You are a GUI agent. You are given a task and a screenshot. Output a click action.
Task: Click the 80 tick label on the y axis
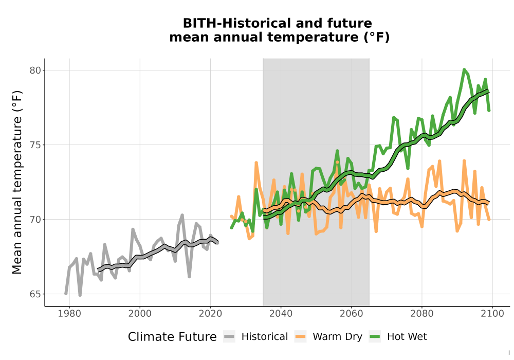35,70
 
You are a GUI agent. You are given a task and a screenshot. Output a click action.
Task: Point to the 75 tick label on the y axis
35,145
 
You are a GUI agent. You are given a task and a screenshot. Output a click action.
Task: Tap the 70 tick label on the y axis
35,220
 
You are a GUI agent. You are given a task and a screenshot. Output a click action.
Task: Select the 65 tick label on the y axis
35,294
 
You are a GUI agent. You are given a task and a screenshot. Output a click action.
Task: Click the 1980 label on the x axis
69,314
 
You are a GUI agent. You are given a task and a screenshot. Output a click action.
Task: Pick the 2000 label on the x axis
140,314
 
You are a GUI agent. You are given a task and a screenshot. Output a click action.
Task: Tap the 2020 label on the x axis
210,314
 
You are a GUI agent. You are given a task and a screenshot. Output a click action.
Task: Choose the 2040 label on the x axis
281,314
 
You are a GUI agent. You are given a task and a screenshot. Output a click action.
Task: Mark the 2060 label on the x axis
352,314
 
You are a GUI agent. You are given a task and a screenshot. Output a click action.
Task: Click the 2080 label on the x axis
422,314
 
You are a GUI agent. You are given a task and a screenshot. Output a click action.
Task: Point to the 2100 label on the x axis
492,314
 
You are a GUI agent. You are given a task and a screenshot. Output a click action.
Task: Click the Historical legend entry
255,337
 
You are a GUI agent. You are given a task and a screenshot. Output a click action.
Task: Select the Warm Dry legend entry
328,337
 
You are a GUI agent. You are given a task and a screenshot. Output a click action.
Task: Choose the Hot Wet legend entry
398,337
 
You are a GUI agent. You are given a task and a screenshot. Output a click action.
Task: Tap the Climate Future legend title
172,337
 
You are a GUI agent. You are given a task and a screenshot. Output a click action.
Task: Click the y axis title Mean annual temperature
17,182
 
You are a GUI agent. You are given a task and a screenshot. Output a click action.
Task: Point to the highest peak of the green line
464,69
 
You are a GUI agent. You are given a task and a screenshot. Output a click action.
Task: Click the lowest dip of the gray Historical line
80,295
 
